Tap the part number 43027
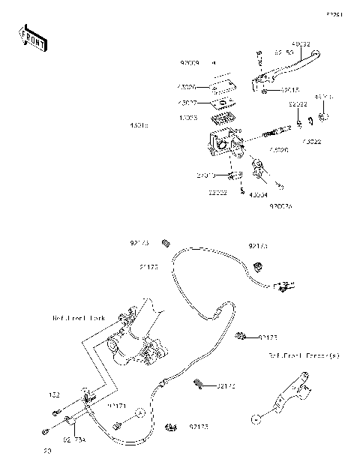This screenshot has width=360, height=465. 188,103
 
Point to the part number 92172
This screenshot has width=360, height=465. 226,386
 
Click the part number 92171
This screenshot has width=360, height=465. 116,405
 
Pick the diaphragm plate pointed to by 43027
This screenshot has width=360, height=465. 220,103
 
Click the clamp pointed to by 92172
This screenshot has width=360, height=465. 200,385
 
